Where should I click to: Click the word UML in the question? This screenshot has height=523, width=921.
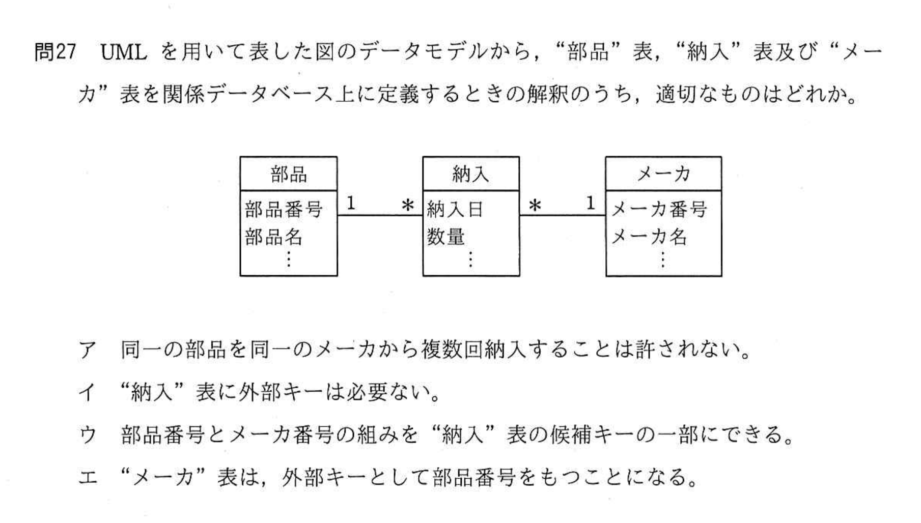tap(124, 52)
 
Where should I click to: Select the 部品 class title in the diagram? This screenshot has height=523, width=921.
tap(289, 174)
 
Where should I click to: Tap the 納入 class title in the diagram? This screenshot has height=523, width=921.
tap(471, 174)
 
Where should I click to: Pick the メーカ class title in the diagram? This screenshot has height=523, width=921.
tap(664, 174)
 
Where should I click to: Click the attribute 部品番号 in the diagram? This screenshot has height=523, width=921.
tap(284, 209)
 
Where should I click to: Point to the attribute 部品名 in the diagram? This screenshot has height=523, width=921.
tap(274, 237)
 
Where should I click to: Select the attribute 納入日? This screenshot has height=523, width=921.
tap(455, 209)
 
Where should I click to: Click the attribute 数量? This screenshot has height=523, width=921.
tap(446, 237)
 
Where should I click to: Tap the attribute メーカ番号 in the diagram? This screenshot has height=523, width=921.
tap(659, 209)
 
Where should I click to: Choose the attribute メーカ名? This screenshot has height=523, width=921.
tap(649, 237)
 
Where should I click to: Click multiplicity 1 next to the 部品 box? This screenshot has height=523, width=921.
tap(351, 204)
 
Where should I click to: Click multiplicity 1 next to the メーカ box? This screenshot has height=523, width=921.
tap(591, 204)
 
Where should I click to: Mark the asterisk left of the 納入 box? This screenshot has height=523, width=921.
tap(408, 206)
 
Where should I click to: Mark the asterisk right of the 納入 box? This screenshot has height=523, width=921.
tap(535, 206)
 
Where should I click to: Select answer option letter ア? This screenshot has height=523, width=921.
tap(88, 350)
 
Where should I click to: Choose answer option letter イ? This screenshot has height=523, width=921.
tap(88, 392)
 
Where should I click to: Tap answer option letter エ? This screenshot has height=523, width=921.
tap(88, 477)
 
